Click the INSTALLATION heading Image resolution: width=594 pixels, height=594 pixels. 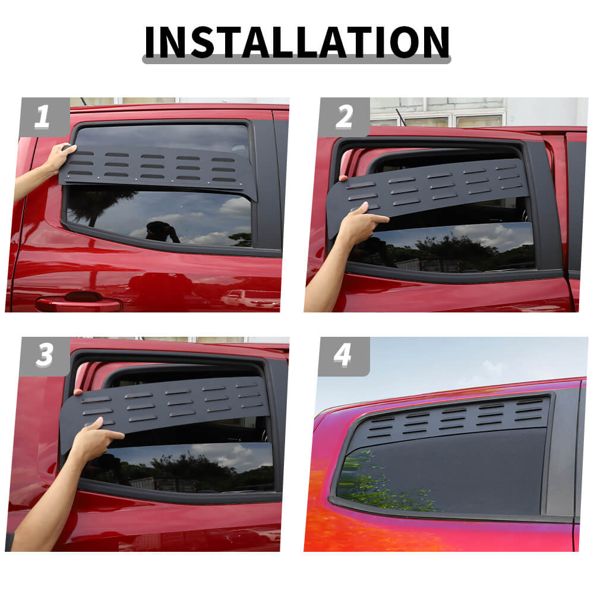(x=296, y=42)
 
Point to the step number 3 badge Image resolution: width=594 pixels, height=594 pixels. (x=45, y=356)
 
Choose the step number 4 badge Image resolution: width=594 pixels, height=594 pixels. (x=343, y=356)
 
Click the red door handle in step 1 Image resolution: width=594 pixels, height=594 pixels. (x=80, y=303)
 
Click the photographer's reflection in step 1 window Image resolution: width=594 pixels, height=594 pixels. (x=161, y=232)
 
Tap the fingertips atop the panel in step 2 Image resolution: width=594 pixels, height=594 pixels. (x=343, y=178)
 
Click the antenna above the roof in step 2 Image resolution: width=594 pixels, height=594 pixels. (x=400, y=118)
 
